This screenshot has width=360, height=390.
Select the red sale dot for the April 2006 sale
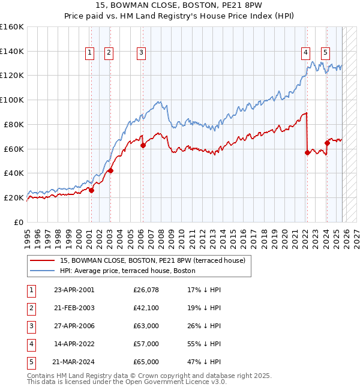pyautogui.click(x=143, y=145)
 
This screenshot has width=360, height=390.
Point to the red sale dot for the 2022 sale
pyautogui.click(x=307, y=152)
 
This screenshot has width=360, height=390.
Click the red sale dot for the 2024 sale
pyautogui.click(x=327, y=143)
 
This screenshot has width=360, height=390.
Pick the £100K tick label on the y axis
pyautogui.click(x=12, y=100)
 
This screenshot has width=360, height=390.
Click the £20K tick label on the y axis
pyautogui.click(x=14, y=197)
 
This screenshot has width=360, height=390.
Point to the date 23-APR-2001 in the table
pyautogui.click(x=74, y=290)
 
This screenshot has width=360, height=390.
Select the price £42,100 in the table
pyautogui.click(x=146, y=308)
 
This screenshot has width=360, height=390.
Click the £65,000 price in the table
pyautogui.click(x=146, y=362)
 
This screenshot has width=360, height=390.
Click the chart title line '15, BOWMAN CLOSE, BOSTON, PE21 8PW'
pyautogui.click(x=179, y=7)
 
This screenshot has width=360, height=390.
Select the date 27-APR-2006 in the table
pyautogui.click(x=74, y=326)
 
